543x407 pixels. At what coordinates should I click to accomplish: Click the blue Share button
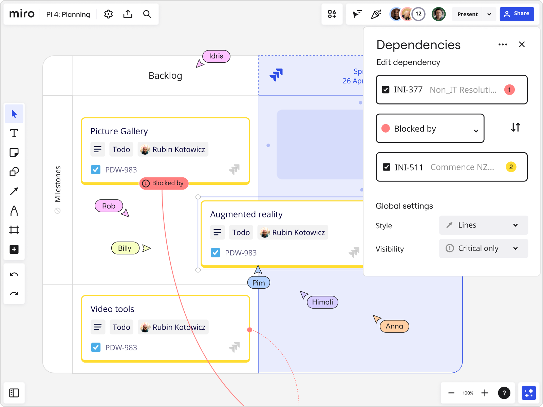[517, 14]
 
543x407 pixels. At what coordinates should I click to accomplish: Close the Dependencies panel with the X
[522, 44]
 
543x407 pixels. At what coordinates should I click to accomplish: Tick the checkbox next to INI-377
[386, 90]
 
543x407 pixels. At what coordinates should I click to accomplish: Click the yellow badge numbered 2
[511, 167]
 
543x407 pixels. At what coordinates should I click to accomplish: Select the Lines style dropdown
[483, 225]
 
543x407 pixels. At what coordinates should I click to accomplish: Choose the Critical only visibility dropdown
[483, 248]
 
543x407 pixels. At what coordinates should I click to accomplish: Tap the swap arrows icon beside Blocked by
[516, 128]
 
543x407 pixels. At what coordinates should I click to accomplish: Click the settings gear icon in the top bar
[108, 14]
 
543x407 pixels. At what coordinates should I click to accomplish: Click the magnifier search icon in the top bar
[147, 14]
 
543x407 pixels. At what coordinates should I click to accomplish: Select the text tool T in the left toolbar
[14, 133]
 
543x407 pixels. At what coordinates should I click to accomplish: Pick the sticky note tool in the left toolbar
[14, 153]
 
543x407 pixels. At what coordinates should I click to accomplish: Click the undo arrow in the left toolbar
[14, 274]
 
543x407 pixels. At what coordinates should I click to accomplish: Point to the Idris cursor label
[216, 56]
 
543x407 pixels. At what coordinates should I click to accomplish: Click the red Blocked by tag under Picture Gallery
[164, 183]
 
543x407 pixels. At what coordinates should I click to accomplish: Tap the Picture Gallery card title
[119, 131]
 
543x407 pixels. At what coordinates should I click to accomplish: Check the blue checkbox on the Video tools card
[96, 347]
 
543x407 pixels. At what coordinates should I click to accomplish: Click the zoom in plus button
[485, 393]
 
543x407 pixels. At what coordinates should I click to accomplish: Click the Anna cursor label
[394, 326]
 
